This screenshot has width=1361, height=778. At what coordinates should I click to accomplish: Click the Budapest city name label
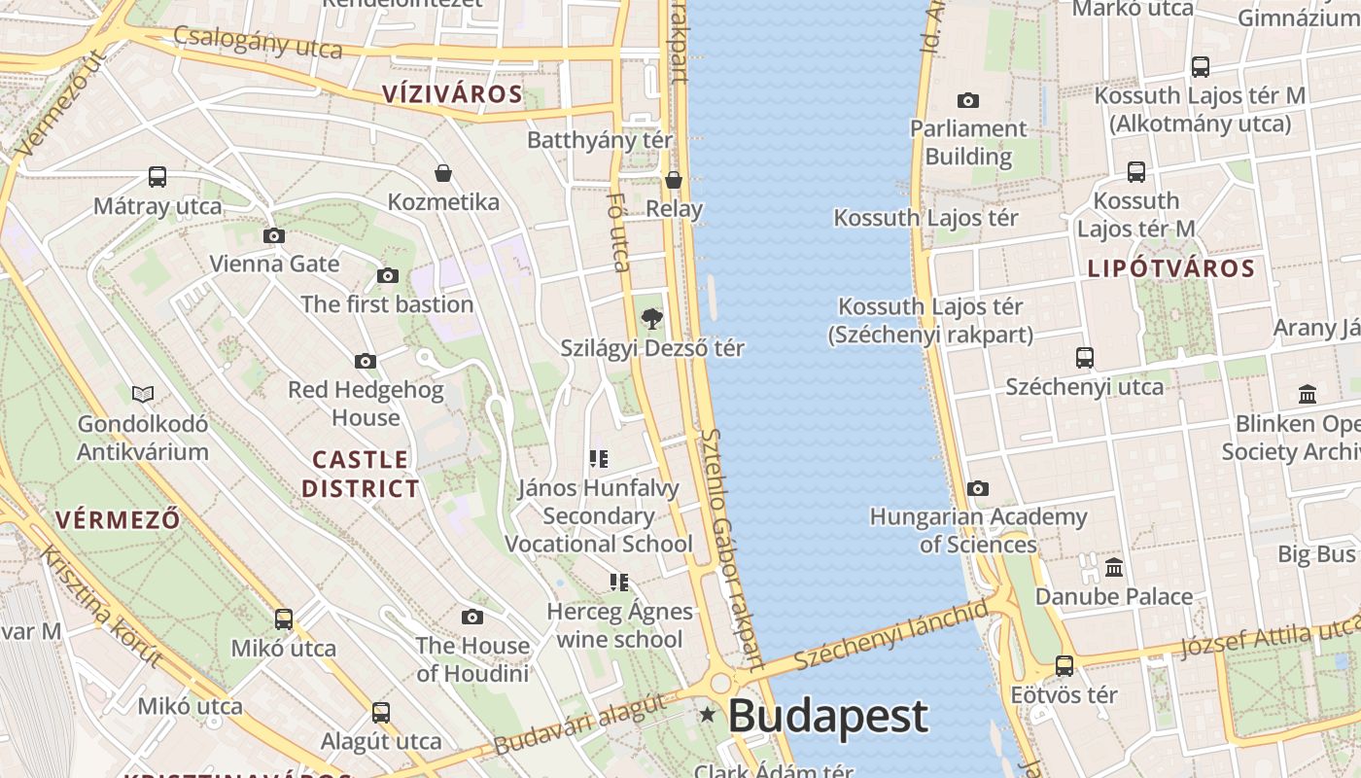click(x=827, y=717)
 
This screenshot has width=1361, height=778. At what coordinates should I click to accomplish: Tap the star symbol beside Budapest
click(x=708, y=716)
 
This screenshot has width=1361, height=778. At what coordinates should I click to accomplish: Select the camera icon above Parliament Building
click(x=967, y=100)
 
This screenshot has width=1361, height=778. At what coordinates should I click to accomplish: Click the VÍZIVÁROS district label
click(x=452, y=94)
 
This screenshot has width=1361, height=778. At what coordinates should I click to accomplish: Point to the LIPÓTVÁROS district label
click(x=1170, y=268)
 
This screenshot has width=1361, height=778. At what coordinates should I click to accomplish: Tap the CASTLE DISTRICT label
click(x=360, y=474)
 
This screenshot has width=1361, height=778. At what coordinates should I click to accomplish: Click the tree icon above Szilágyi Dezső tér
click(x=651, y=318)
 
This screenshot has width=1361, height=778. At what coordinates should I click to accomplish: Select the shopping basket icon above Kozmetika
click(x=443, y=173)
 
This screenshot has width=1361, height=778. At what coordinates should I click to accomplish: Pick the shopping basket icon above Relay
click(x=673, y=180)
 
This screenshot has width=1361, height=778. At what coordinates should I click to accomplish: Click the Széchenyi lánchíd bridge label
click(x=890, y=634)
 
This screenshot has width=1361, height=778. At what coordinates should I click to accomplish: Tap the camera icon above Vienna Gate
click(x=274, y=235)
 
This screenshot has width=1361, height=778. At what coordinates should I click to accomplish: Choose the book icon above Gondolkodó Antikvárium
click(x=143, y=394)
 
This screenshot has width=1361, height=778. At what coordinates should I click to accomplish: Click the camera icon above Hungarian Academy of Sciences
click(x=977, y=488)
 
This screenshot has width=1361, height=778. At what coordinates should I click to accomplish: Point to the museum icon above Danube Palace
click(x=1114, y=567)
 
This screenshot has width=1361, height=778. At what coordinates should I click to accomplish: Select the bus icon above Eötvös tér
click(x=1064, y=666)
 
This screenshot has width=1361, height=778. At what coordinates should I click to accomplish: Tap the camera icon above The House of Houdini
click(x=472, y=617)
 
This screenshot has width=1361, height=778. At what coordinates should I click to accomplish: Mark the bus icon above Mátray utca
click(x=157, y=177)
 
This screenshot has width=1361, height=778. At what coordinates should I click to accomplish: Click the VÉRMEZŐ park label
click(x=118, y=519)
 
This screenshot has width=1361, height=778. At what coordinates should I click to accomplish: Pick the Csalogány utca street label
click(x=258, y=42)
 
